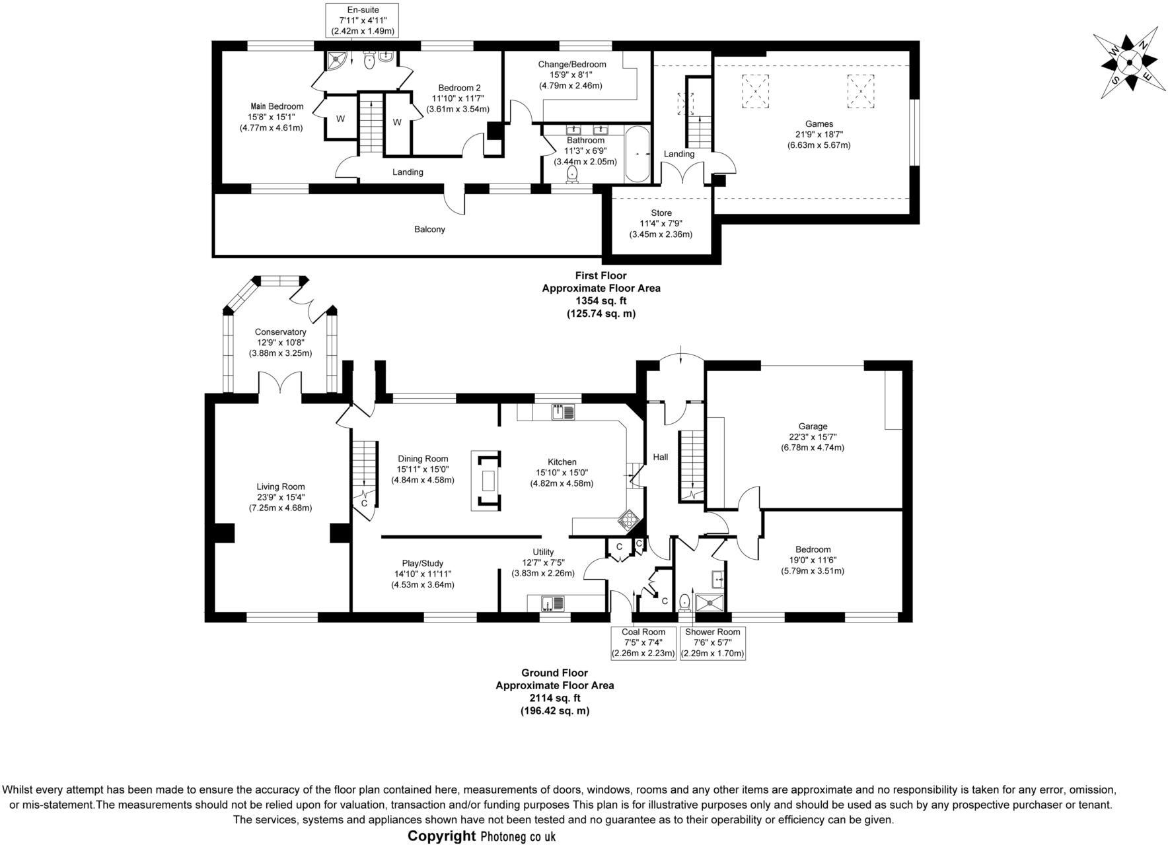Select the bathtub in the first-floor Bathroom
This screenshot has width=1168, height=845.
coord(637,154)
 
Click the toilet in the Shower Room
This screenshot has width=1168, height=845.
coord(685,601)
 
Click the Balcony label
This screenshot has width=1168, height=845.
coord(429,229)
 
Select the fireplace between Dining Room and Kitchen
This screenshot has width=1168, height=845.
coord(488,481)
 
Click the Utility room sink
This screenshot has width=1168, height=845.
coord(550,603)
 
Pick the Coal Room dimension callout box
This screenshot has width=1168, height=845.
coord(643,642)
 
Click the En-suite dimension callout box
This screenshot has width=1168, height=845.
coord(363,20)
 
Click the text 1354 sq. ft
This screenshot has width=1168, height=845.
coord(601,301)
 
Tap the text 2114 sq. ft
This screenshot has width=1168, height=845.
coord(554,698)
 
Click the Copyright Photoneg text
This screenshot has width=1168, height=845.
coord(482,836)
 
